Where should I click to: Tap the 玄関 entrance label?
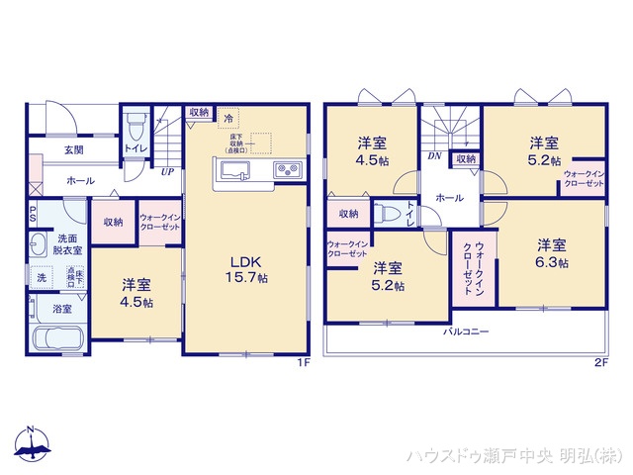74,150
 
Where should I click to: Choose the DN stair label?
433,156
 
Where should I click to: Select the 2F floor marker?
599,363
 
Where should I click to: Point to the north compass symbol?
31,446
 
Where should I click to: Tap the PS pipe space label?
33,214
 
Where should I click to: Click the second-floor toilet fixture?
391,214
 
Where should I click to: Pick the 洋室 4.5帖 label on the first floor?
137,291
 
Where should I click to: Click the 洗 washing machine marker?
42,279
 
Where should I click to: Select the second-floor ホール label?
449,198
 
